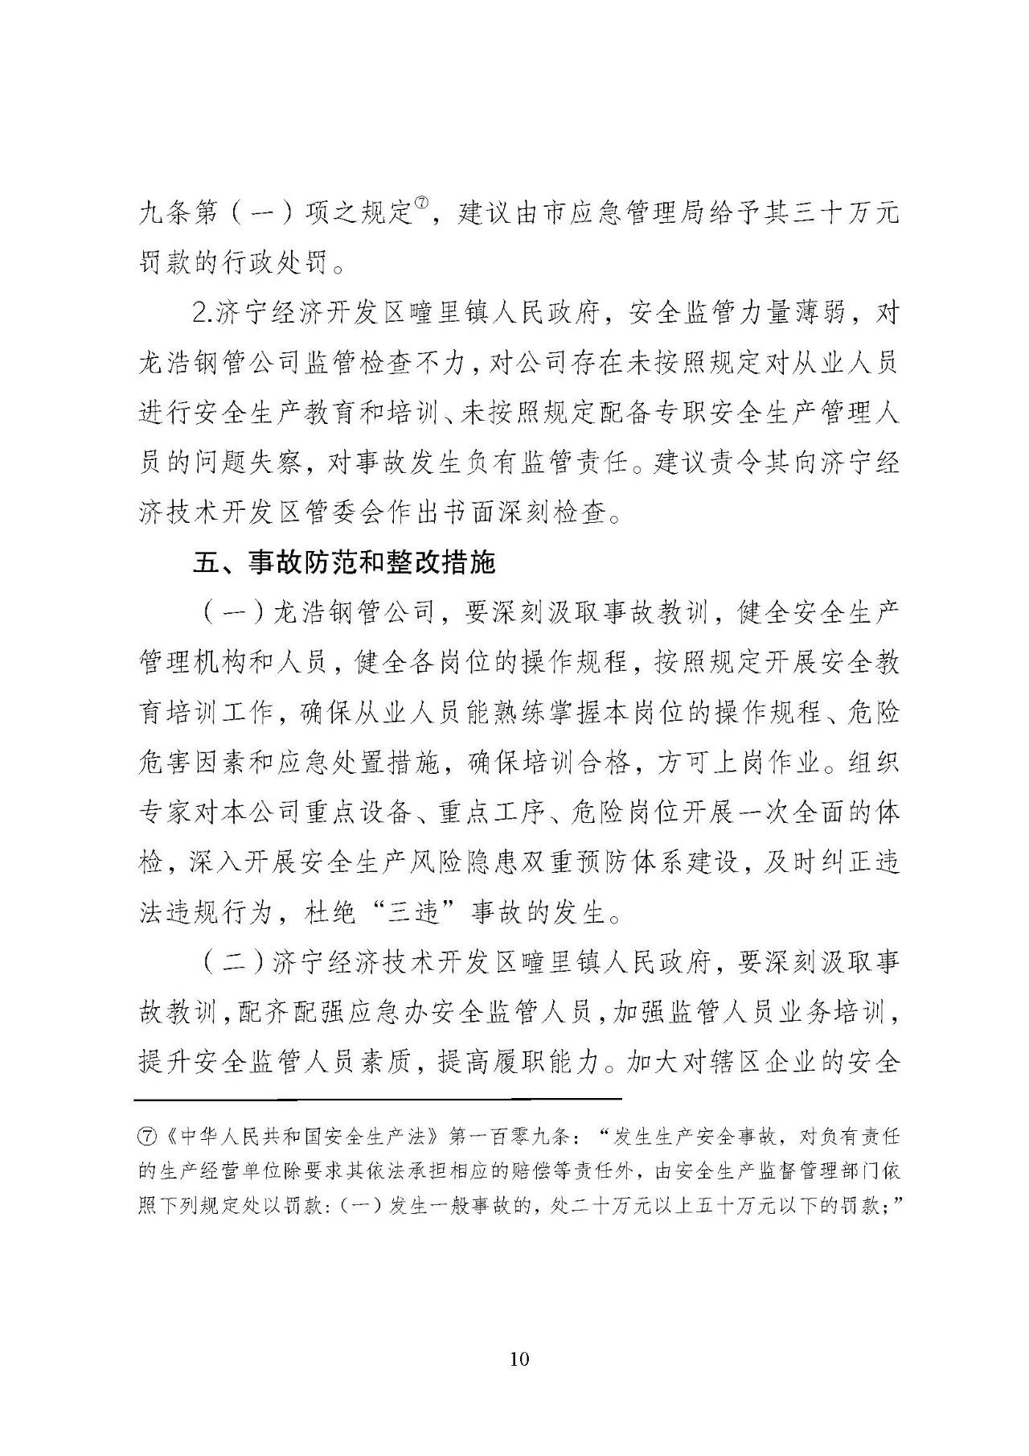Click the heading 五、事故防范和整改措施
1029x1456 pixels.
344,562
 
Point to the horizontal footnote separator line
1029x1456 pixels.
378,1099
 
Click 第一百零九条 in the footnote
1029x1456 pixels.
511,1137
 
